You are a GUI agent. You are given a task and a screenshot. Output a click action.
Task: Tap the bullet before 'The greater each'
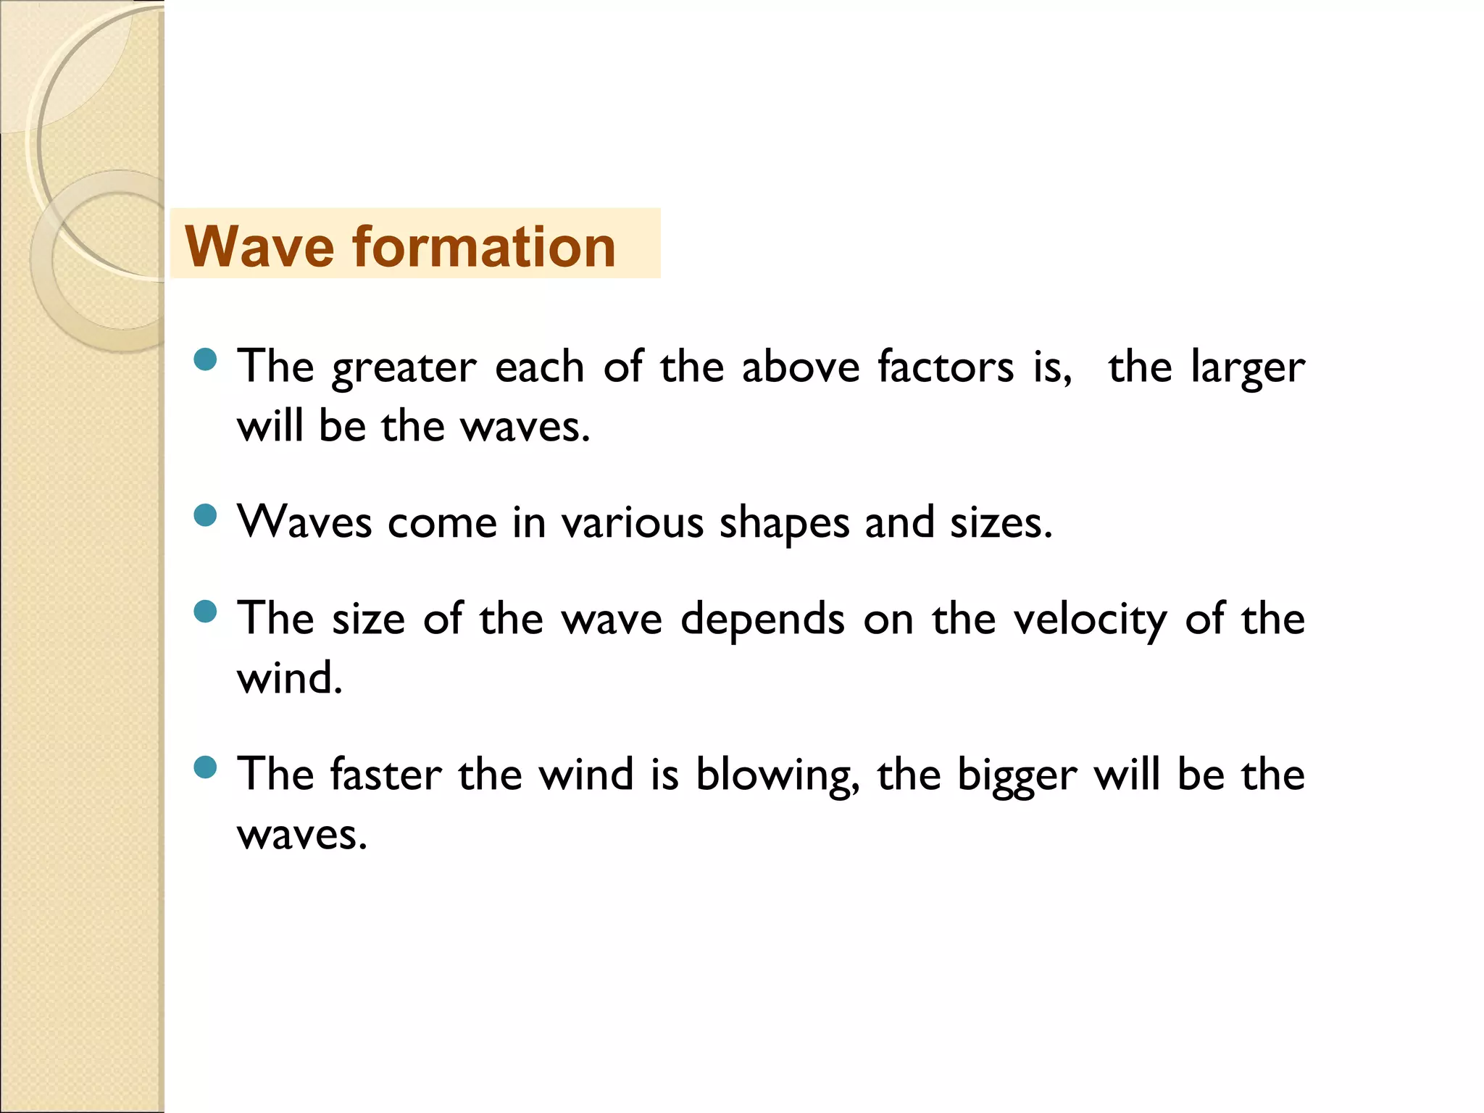click(206, 359)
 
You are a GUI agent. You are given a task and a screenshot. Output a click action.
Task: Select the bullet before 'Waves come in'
click(206, 515)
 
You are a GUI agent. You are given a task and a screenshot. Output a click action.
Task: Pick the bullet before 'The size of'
click(206, 612)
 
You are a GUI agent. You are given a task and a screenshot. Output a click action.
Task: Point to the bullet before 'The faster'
click(206, 767)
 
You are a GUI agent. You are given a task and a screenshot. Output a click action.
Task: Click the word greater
click(404, 368)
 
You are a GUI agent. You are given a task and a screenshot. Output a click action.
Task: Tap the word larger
click(1248, 368)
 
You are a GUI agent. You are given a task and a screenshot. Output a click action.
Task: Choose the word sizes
click(1001, 522)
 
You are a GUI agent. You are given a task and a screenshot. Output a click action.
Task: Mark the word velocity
click(1090, 620)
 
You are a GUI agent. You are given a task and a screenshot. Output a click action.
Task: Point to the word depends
click(762, 620)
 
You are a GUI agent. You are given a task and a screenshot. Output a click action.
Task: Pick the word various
click(632, 522)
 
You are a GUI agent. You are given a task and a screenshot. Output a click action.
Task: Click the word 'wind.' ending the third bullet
click(289, 678)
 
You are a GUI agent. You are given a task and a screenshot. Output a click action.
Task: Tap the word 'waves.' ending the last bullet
click(302, 835)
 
